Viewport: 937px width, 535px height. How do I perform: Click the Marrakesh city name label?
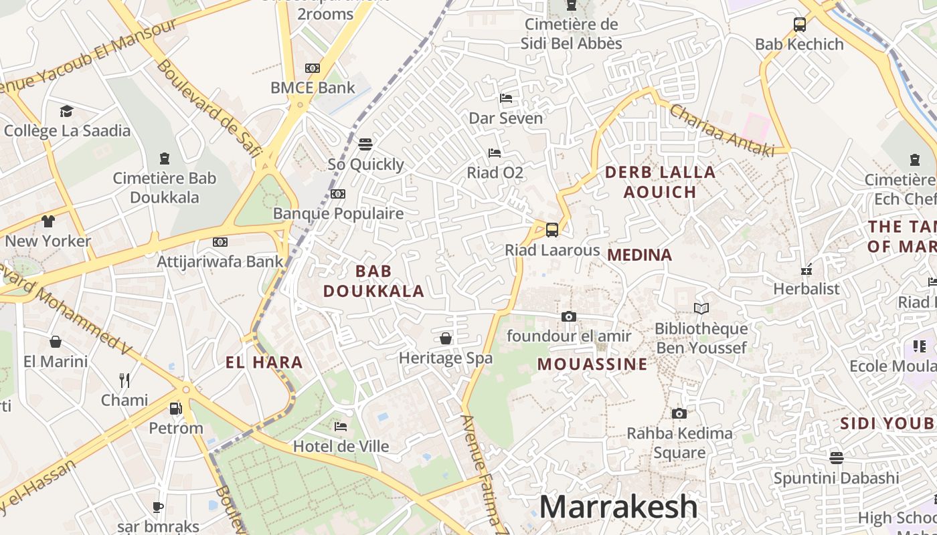click(x=618, y=507)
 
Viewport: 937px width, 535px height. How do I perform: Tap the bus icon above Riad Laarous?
click(x=552, y=230)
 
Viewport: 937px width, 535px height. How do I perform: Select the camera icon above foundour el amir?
click(x=569, y=316)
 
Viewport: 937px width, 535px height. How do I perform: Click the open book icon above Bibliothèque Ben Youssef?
click(x=701, y=308)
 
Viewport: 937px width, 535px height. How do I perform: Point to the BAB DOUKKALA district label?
click(x=373, y=281)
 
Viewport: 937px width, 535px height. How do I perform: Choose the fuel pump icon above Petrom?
click(x=175, y=408)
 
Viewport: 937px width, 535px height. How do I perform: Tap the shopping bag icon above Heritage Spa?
click(x=446, y=338)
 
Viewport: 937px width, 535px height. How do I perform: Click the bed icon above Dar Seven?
click(x=506, y=98)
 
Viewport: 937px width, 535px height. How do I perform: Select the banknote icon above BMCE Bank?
click(x=313, y=68)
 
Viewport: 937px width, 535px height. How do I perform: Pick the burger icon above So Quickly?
click(x=365, y=144)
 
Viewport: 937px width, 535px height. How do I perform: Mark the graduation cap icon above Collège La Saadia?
click(x=66, y=111)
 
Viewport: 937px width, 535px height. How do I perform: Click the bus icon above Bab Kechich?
click(x=799, y=25)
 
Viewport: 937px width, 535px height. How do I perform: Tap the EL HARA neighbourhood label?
click(x=264, y=363)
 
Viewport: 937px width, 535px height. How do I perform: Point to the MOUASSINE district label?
click(x=592, y=364)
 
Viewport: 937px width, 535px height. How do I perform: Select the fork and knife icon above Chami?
click(x=124, y=381)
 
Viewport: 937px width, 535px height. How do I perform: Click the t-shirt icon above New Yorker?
click(x=48, y=221)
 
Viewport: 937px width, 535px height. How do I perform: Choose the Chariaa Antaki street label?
click(x=721, y=130)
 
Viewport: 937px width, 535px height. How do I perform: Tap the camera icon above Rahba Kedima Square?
click(x=679, y=413)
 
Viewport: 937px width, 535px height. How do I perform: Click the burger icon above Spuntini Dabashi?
click(x=836, y=458)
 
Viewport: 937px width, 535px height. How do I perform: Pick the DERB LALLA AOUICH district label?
click(x=660, y=182)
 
